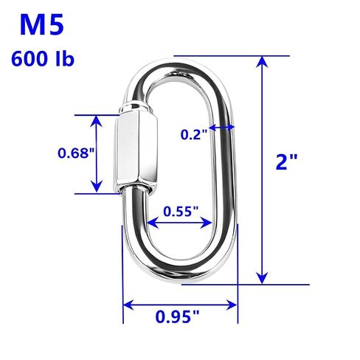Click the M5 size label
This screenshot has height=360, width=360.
tap(42, 25)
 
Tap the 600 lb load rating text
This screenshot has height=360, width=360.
tap(43, 59)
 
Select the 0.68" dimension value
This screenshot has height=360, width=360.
tap(76, 153)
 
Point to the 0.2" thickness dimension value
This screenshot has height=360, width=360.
tap(194, 134)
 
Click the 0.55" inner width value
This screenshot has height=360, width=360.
tap(181, 211)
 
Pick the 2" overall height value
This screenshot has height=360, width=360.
tap(286, 162)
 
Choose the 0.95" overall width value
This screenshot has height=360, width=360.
tap(177, 316)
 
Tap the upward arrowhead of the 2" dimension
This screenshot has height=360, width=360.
tap(263, 62)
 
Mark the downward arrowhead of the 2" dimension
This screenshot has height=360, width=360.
tap(263, 278)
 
